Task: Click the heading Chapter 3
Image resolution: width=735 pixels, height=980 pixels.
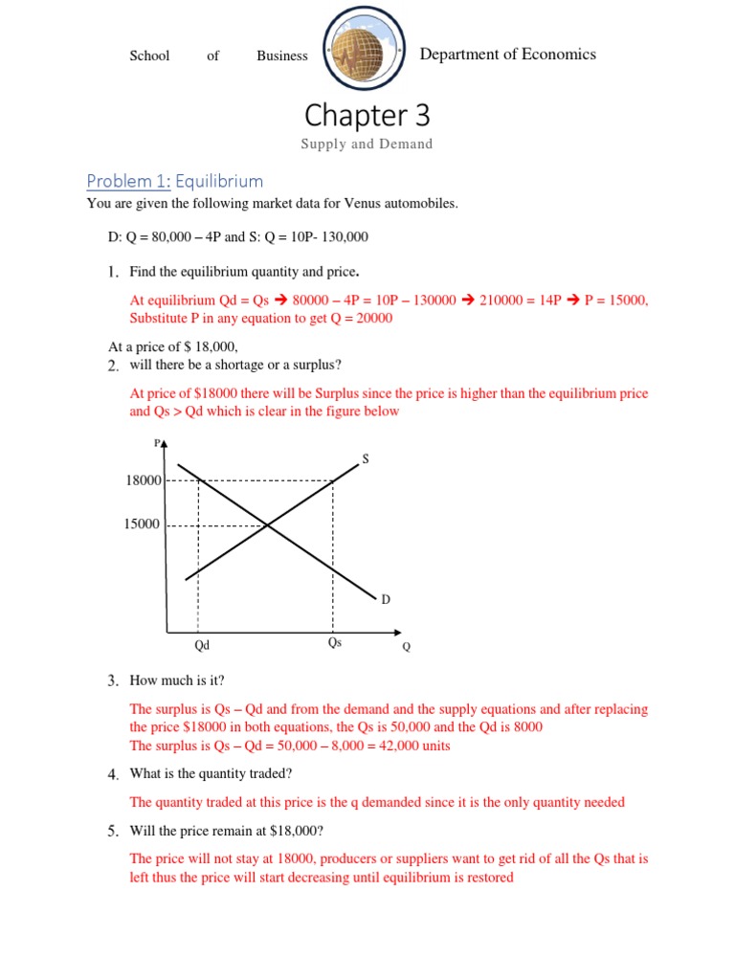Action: click(x=367, y=116)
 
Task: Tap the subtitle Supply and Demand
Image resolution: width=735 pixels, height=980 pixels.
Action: click(x=367, y=145)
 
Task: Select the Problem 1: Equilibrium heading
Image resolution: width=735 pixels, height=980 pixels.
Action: click(x=174, y=181)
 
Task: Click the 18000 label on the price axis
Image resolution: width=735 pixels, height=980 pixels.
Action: click(x=143, y=479)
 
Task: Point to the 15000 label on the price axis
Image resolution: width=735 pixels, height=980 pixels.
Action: click(x=143, y=524)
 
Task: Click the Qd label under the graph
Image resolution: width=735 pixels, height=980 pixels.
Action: click(x=201, y=646)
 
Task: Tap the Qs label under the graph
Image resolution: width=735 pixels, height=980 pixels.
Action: click(x=334, y=643)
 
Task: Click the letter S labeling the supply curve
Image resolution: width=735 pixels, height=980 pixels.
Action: click(x=365, y=459)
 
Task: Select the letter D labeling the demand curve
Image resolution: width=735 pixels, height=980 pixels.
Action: click(x=386, y=600)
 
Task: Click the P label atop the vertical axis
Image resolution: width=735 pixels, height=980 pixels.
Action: click(x=156, y=443)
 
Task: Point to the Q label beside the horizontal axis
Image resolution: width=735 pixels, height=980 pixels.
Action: click(x=406, y=647)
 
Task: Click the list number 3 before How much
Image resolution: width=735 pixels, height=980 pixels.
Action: click(x=112, y=680)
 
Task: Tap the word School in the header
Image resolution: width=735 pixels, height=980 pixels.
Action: click(x=149, y=56)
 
